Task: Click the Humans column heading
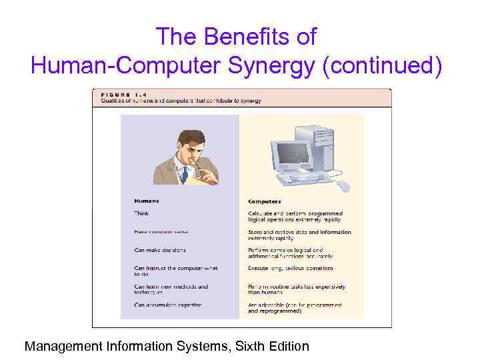pyautogui.click(x=147, y=201)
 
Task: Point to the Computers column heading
pyautogui.click(x=265, y=201)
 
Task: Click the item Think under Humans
pyautogui.click(x=141, y=213)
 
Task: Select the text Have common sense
pyautogui.click(x=161, y=231)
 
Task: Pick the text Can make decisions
pyautogui.click(x=160, y=250)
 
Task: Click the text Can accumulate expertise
pyautogui.click(x=167, y=305)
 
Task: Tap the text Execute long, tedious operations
pyautogui.click(x=291, y=268)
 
